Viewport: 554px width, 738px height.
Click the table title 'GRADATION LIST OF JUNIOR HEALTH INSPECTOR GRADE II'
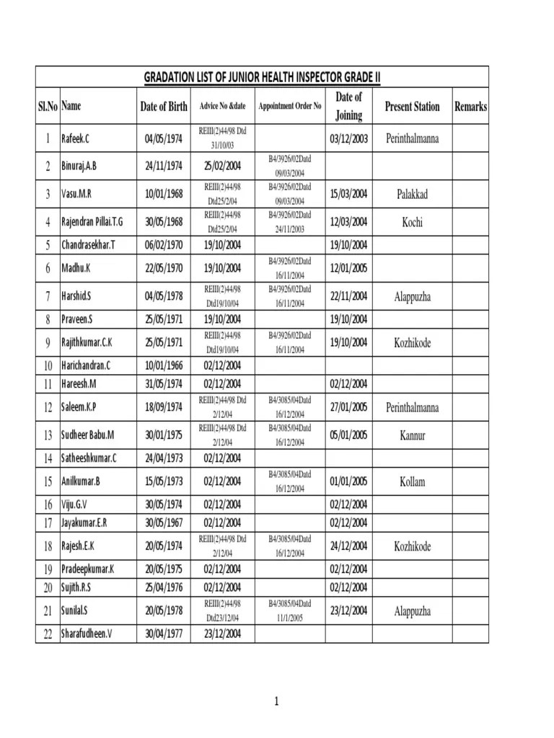[262, 77]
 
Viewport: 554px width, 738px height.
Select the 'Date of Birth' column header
[164, 107]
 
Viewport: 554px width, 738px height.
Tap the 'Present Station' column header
[412, 107]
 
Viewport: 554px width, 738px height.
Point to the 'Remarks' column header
[470, 107]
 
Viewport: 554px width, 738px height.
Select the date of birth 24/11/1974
[164, 166]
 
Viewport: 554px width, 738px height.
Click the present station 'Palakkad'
[412, 194]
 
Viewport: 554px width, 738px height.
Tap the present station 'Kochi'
[412, 222]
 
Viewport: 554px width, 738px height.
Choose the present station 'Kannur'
[412, 435]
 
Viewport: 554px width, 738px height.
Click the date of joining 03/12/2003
[349, 138]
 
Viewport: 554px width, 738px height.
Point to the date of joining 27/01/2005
[349, 407]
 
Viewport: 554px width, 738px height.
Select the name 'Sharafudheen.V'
[87, 633]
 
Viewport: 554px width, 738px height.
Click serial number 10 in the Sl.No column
[48, 365]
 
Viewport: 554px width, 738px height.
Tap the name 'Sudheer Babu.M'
[88, 435]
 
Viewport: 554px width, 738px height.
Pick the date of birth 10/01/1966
[164, 365]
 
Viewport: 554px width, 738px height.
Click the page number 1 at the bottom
[276, 701]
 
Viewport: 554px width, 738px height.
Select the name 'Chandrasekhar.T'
[88, 245]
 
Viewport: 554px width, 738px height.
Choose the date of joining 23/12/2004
[349, 611]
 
